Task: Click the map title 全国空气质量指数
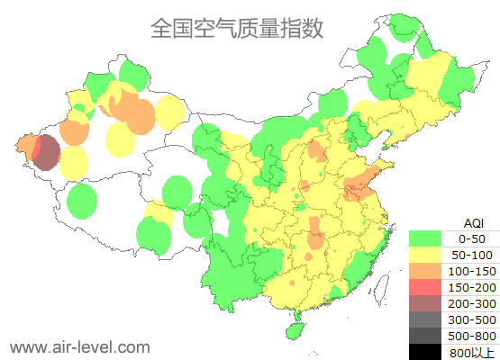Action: pos(237,29)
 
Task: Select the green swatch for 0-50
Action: pos(424,238)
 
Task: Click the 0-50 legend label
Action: pos(471,238)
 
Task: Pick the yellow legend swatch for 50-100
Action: pos(424,255)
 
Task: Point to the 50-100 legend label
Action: pos(471,255)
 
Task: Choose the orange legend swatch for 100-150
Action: pos(424,271)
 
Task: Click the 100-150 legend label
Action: pos(471,271)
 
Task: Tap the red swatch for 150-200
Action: pos(424,287)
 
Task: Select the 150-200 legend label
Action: pos(471,287)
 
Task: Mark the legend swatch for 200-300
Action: pos(424,303)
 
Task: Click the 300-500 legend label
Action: pos(471,319)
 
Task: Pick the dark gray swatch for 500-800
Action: pos(424,336)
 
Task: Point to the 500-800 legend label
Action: pos(471,336)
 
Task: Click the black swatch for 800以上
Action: pos(424,352)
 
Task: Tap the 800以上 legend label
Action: pos(471,352)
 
